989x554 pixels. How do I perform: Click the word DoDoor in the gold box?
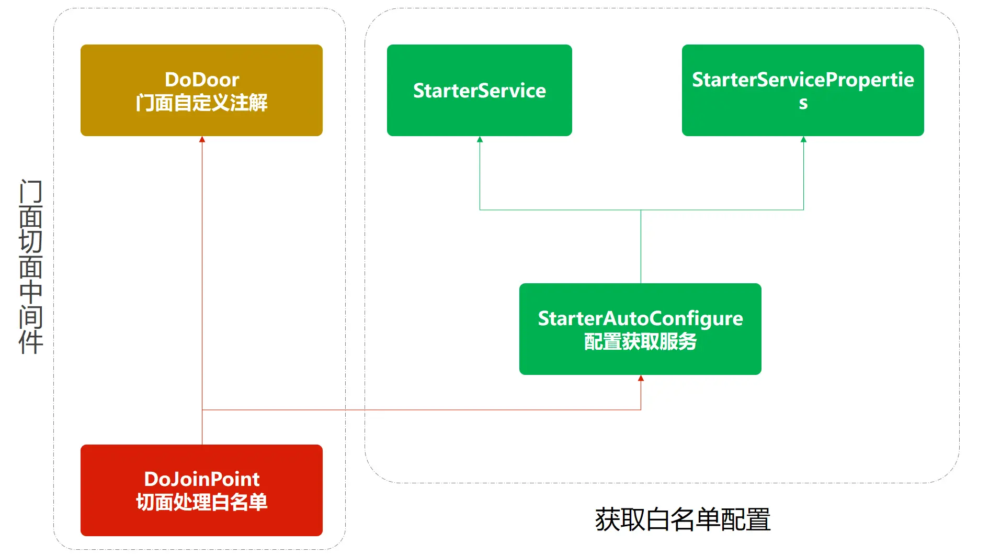click(x=202, y=80)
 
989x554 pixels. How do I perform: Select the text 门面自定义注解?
click(x=202, y=103)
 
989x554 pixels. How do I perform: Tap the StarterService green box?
click(x=479, y=90)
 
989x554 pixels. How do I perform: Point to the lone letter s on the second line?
click(x=803, y=103)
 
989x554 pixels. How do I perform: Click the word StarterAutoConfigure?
click(x=640, y=318)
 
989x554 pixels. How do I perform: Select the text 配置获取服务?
click(x=640, y=341)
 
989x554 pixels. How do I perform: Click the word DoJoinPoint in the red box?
click(x=202, y=479)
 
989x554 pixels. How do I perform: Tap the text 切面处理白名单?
click(x=202, y=502)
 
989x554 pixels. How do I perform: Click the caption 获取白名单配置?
click(x=683, y=519)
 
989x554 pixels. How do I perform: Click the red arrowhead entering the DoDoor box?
click(x=202, y=139)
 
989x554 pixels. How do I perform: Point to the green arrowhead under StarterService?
click(x=480, y=139)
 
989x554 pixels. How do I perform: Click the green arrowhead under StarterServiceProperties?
click(x=803, y=139)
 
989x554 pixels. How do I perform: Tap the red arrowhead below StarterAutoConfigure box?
click(x=641, y=378)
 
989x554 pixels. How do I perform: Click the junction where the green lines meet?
click(x=641, y=210)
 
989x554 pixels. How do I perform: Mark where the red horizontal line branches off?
click(x=202, y=409)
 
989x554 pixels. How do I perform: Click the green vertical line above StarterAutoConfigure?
click(x=641, y=246)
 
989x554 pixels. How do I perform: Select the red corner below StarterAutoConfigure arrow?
click(x=641, y=409)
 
